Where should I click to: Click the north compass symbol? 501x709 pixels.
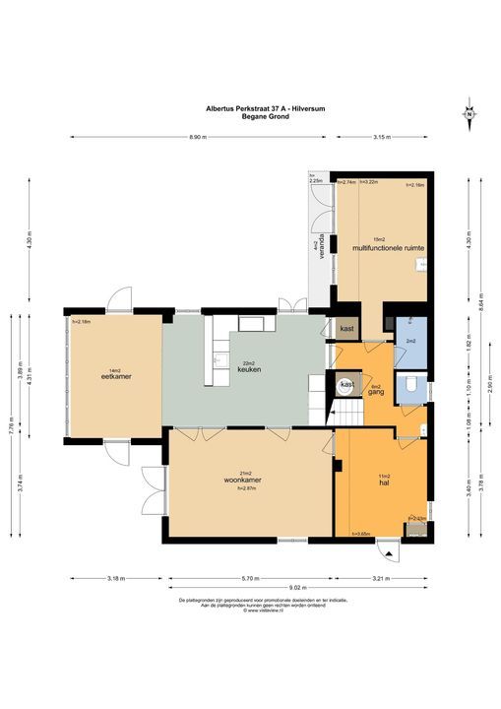[470, 114]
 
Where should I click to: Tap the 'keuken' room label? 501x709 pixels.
[248, 368]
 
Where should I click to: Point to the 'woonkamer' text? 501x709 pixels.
[241, 481]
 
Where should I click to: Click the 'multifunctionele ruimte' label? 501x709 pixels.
[388, 249]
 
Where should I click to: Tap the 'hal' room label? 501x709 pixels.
[385, 482]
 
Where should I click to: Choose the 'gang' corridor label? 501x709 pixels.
[375, 391]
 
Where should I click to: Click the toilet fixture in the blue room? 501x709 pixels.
[412, 384]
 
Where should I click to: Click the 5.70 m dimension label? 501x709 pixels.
[249, 578]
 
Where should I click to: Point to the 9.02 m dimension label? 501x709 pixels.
[294, 589]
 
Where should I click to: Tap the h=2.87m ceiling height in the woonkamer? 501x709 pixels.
[241, 489]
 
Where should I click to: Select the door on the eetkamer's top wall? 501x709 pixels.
[119, 298]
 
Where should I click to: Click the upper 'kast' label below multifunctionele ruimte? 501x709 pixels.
[346, 328]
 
